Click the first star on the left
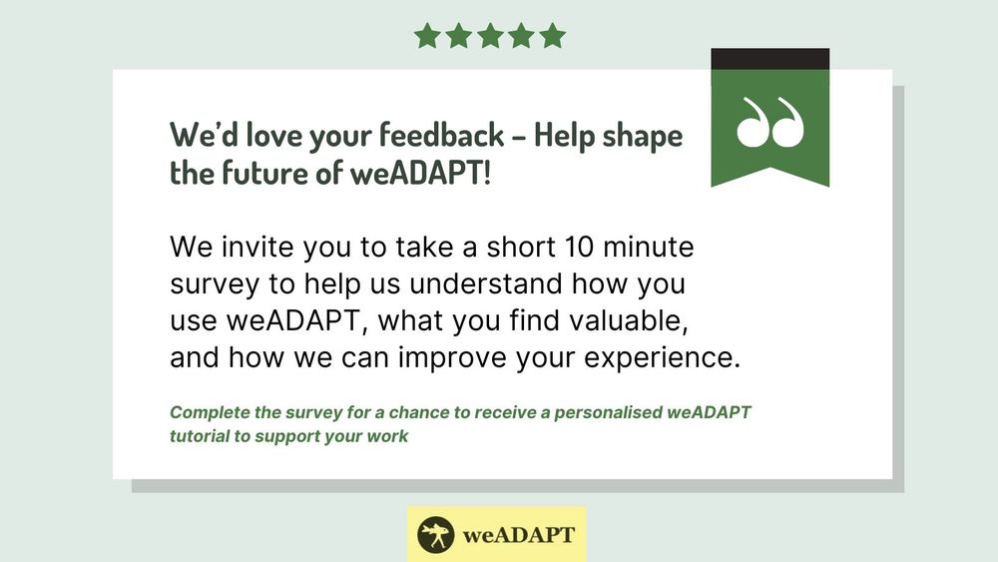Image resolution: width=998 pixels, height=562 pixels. coord(427,36)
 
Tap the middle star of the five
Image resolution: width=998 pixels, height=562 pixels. coord(490,36)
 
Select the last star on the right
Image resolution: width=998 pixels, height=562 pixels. coord(553,36)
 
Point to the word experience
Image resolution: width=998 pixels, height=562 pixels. coord(662,358)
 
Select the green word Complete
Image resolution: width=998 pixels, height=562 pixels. coord(210,412)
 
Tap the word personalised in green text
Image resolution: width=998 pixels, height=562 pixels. coord(609,412)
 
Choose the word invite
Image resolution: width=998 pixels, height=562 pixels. coord(257,247)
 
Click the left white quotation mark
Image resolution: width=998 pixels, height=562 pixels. coord(752,123)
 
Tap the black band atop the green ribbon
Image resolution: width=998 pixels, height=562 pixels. coord(770,59)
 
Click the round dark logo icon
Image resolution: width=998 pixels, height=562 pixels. coord(436,535)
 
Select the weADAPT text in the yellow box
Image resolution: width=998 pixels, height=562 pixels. coord(519,535)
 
